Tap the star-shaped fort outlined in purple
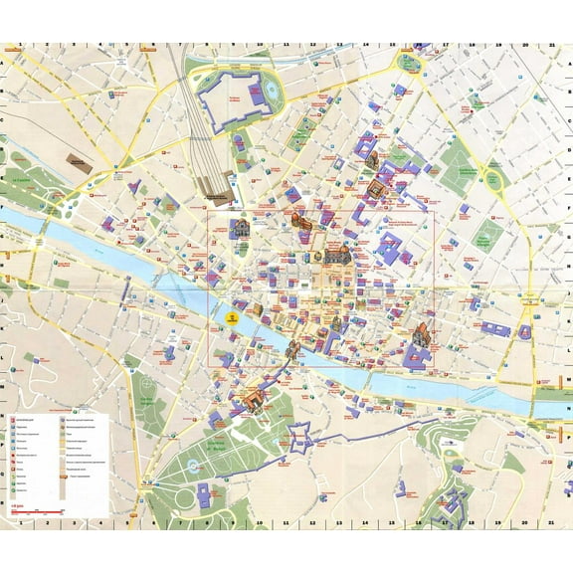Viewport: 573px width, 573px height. pyautogui.click(x=300, y=437)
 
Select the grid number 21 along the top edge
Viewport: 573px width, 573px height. pyautogui.click(x=551, y=47)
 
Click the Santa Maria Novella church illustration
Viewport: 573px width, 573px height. pyautogui.click(x=240, y=230)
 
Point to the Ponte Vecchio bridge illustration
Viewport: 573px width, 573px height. pyautogui.click(x=294, y=348)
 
